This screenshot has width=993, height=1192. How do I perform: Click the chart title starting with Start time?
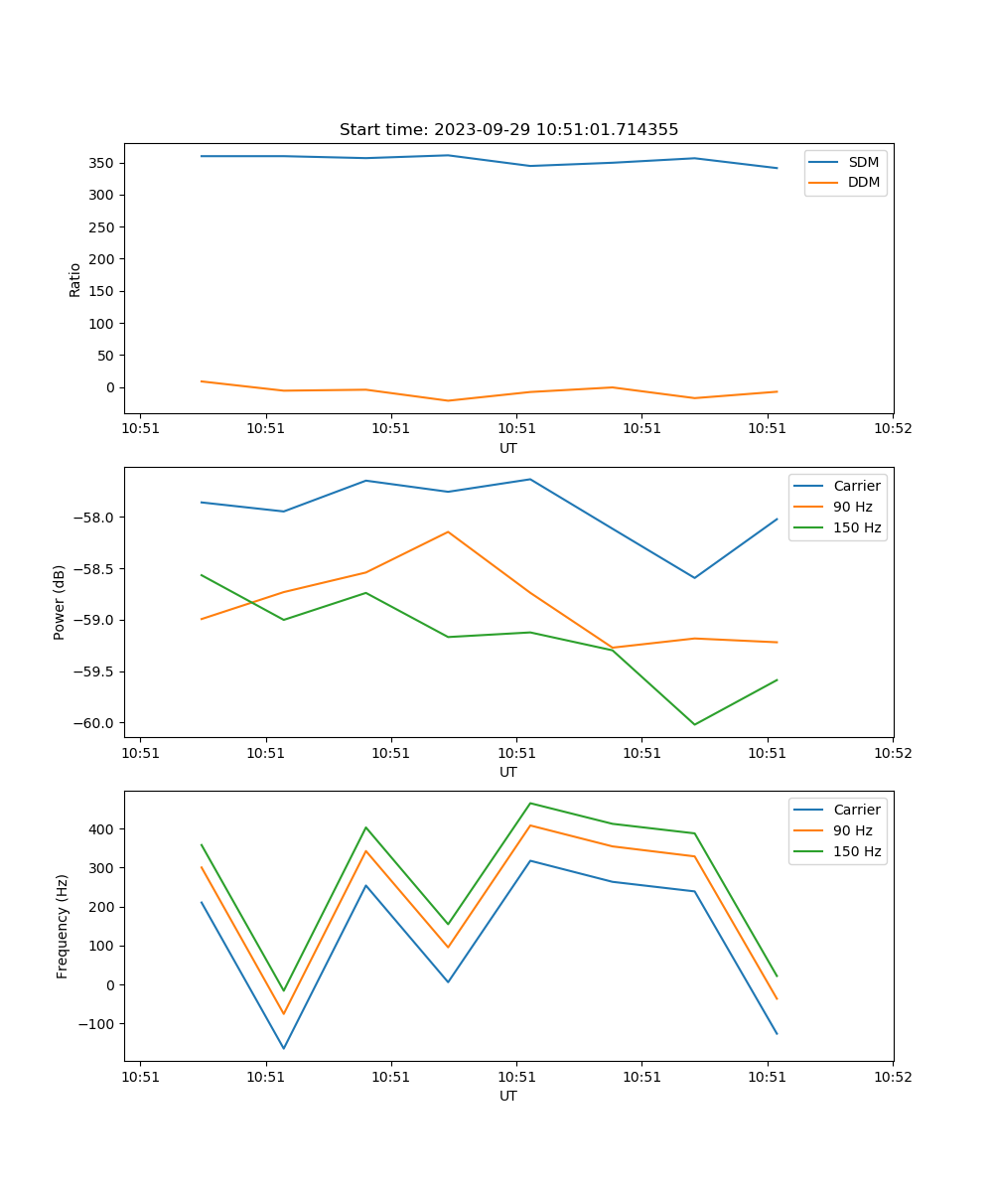coord(508,130)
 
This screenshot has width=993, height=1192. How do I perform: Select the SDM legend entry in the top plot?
coord(863,161)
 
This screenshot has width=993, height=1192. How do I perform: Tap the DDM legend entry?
coord(863,182)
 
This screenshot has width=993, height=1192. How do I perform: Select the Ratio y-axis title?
coord(75,280)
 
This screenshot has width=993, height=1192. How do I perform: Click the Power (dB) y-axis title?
coord(61,602)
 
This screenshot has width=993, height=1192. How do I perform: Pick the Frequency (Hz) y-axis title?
coord(63,926)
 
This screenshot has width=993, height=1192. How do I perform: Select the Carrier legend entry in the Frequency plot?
coord(856,810)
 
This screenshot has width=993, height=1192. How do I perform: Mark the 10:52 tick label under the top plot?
coord(892,429)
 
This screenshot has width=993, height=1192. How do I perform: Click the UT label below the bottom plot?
coord(508,1096)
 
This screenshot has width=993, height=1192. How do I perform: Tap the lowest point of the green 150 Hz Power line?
coord(694,724)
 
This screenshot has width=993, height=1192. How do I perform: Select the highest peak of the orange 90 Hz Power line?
coord(448,531)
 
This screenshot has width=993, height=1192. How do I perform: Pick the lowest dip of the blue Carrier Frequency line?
coord(284,1048)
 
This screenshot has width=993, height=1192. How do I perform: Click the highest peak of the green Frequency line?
coord(530,803)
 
